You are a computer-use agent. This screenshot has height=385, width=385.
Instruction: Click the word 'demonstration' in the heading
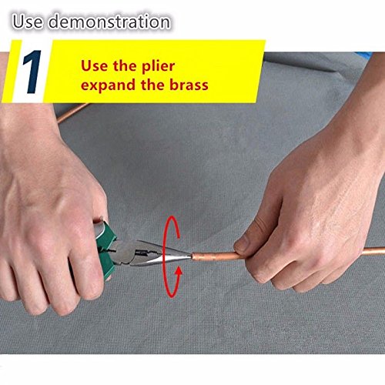[109, 22]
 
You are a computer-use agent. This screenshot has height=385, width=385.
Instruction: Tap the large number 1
[32, 72]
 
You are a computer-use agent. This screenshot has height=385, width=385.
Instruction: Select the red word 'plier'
[159, 66]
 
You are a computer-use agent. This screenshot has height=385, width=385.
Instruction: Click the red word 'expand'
[109, 85]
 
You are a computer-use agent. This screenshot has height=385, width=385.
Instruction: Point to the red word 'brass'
[189, 85]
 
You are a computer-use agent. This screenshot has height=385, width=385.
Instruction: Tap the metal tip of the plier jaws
[189, 256]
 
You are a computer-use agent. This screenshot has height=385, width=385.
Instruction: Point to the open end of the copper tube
[193, 256]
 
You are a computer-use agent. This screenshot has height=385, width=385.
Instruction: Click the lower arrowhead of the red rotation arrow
[179, 270]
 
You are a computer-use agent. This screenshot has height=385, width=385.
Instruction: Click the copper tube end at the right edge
[383, 250]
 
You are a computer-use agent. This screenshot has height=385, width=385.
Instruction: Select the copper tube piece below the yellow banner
[72, 113]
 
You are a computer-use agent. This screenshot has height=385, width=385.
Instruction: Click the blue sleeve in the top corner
[365, 54]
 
